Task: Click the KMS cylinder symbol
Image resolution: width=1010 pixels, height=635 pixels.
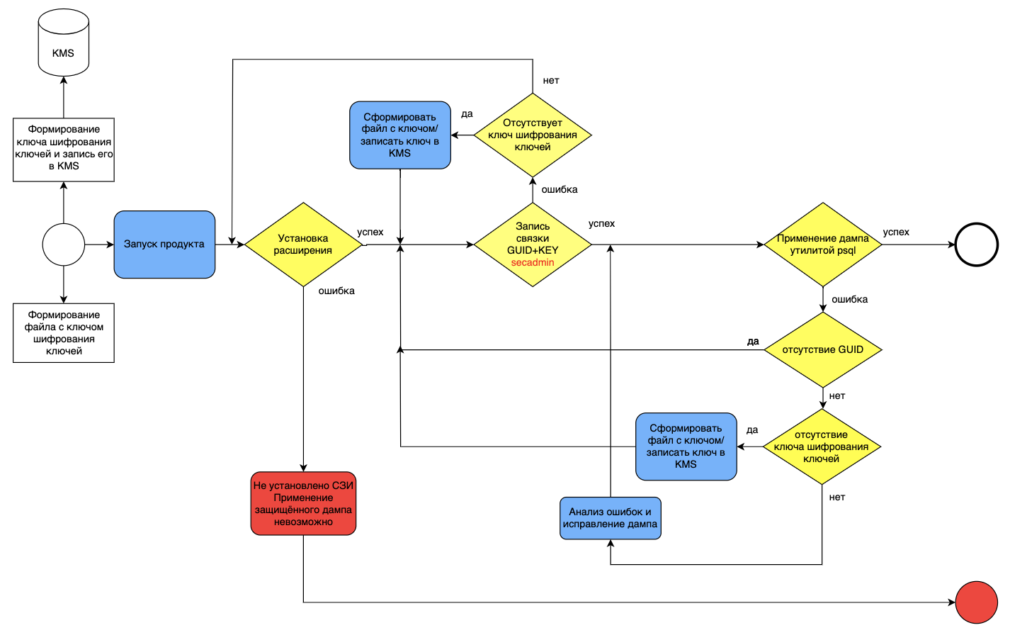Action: tap(64, 43)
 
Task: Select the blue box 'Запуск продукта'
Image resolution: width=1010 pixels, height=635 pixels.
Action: tap(164, 245)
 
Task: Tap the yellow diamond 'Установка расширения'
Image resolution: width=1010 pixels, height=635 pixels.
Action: tap(303, 245)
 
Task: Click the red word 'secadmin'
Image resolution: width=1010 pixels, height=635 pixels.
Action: tap(533, 262)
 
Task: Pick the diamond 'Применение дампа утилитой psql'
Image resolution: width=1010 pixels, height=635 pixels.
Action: tap(823, 245)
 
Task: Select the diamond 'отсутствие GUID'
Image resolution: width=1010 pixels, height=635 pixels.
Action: tap(823, 350)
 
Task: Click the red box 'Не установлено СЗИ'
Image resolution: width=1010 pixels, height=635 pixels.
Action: tap(303, 503)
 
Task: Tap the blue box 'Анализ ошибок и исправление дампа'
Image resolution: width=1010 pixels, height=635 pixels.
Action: tap(611, 518)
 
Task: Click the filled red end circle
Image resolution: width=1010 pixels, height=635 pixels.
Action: tap(977, 602)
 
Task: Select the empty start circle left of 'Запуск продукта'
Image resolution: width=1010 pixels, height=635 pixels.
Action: tap(64, 245)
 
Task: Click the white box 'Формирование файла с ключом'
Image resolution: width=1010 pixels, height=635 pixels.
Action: tap(64, 332)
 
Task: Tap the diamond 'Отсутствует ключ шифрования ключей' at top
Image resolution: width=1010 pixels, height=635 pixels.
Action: tap(533, 135)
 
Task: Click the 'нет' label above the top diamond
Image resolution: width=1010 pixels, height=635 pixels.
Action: tap(551, 80)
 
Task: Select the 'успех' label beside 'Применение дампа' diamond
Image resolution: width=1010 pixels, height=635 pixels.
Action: tap(896, 232)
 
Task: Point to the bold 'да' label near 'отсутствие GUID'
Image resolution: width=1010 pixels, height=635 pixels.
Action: tap(753, 341)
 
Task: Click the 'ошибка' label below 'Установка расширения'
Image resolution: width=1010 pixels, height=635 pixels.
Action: tap(336, 291)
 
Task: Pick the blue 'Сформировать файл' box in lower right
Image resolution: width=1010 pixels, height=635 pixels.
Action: tap(686, 446)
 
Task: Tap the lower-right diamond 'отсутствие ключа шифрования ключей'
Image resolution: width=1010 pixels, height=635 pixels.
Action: tap(822, 446)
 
